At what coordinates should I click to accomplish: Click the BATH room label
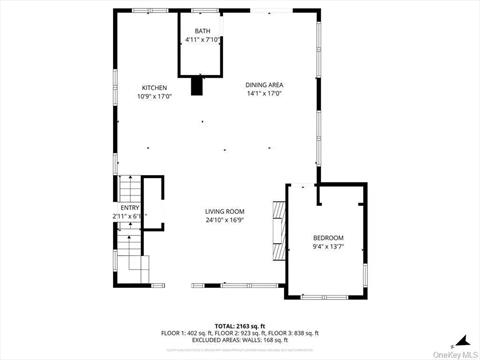pyautogui.click(x=202, y=32)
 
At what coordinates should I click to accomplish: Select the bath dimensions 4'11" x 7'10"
pyautogui.click(x=202, y=40)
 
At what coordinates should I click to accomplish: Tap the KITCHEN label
pyautogui.click(x=154, y=88)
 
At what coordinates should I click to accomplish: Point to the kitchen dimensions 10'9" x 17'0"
pyautogui.click(x=154, y=96)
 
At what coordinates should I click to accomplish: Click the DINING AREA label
pyautogui.click(x=264, y=85)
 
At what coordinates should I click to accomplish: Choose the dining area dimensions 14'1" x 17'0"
pyautogui.click(x=264, y=94)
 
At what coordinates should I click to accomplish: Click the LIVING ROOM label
pyautogui.click(x=225, y=211)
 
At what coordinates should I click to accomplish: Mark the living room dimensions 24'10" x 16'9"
pyautogui.click(x=225, y=220)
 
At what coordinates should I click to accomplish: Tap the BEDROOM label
pyautogui.click(x=328, y=237)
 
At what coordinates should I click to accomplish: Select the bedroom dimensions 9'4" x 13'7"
pyautogui.click(x=328, y=246)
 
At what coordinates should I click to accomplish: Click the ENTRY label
pyautogui.click(x=131, y=207)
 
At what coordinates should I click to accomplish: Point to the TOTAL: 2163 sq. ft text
pyautogui.click(x=239, y=325)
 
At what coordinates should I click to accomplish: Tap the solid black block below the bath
pyautogui.click(x=198, y=87)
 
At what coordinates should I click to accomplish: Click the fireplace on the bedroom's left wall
pyautogui.click(x=281, y=240)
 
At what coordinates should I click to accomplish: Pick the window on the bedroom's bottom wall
pyautogui.click(x=327, y=297)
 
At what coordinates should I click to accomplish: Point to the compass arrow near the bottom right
pyautogui.click(x=462, y=337)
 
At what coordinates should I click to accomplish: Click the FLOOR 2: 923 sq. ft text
pyautogui.click(x=239, y=332)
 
